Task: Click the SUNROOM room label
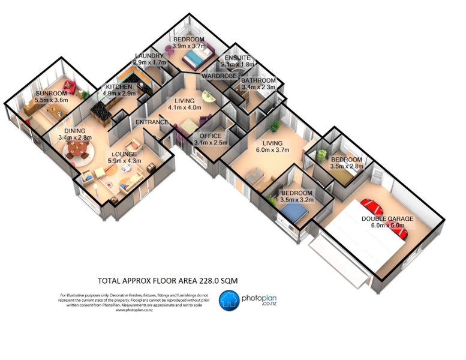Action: [x=50, y=94]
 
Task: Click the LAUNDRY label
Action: [x=149, y=56]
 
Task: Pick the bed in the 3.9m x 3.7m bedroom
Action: [x=196, y=58]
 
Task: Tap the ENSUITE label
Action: [x=239, y=58]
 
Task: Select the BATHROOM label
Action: [x=258, y=80]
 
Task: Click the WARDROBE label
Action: [x=221, y=76]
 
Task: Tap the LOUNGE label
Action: [x=124, y=154]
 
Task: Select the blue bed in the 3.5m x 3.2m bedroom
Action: [x=294, y=211]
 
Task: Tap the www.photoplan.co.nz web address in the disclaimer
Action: [x=134, y=310]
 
